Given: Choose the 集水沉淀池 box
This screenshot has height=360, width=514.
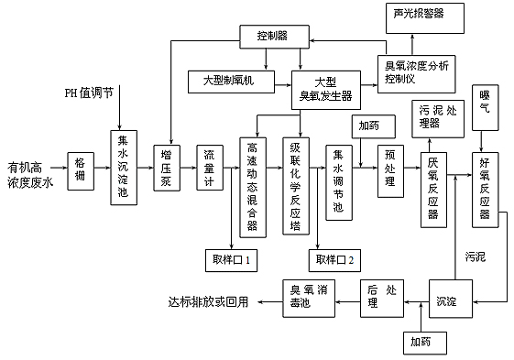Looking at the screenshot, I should (124, 166).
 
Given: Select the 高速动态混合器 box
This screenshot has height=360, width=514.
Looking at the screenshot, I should (253, 184).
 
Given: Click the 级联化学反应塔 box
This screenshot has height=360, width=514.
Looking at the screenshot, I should (294, 184).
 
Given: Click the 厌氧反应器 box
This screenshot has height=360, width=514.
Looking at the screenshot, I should (432, 187).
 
